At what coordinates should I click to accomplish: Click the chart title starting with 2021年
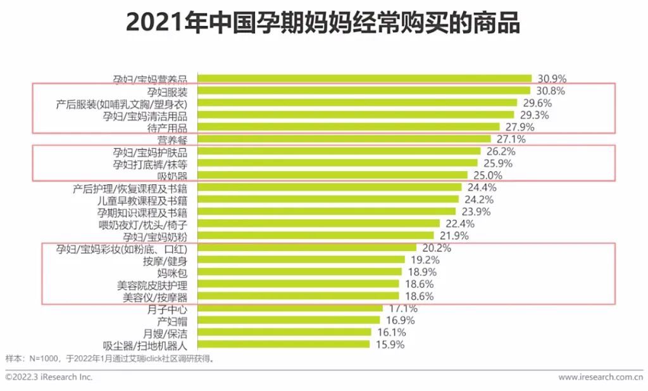323,23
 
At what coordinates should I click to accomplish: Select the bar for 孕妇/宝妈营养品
364,79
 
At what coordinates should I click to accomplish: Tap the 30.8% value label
552,91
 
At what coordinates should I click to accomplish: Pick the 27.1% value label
511,139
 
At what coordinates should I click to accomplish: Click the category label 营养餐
173,139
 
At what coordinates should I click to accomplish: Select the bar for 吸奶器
332,175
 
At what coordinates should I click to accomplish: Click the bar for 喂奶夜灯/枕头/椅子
318,223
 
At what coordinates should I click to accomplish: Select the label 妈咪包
173,272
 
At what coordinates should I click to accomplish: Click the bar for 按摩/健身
301,259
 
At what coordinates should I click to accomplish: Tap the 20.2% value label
437,248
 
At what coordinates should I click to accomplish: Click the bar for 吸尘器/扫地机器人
283,344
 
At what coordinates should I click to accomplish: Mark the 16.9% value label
401,321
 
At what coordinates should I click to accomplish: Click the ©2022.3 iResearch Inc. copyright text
49,377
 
